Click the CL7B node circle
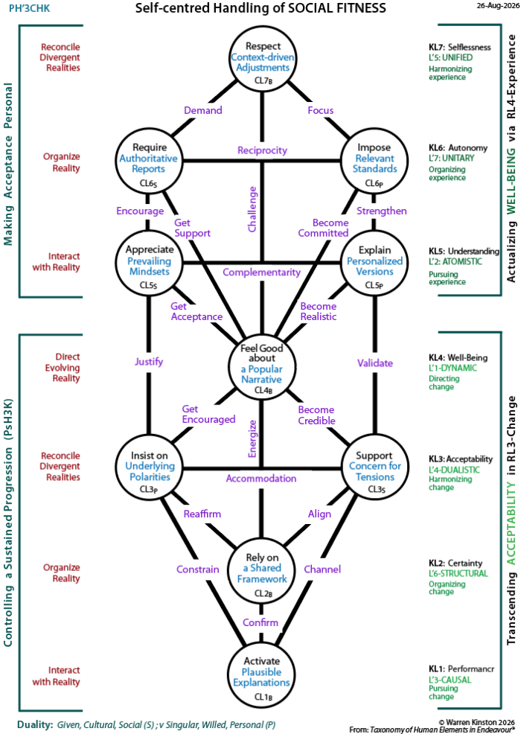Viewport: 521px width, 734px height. point(262,59)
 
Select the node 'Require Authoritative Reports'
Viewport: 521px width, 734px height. point(148,160)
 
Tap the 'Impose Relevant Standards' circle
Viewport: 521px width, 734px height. point(374,160)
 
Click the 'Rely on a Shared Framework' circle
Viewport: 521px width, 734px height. point(262,572)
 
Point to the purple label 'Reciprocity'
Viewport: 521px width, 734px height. point(262,150)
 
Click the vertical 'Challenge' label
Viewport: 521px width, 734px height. point(252,209)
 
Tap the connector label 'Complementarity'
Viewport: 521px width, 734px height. point(262,272)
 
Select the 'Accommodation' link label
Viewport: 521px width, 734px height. point(261,479)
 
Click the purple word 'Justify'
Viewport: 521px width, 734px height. point(149,362)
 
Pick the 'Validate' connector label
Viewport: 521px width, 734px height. point(375,363)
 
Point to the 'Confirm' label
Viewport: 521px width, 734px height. point(260,622)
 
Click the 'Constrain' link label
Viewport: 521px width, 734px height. point(197,569)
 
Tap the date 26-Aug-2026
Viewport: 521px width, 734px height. point(498,6)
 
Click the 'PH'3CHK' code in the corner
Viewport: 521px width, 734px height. point(30,8)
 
